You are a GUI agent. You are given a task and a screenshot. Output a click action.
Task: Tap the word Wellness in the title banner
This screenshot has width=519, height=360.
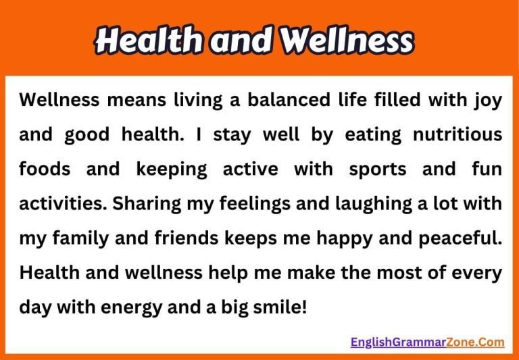pos(347,42)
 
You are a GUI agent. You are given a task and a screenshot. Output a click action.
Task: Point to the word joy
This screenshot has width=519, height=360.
pos(487,101)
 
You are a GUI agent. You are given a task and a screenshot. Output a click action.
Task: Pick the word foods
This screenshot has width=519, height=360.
pos(45,169)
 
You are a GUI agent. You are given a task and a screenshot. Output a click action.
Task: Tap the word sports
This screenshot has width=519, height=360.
pos(374,170)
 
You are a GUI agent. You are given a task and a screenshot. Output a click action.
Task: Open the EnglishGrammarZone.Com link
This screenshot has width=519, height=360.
pos(427,342)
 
